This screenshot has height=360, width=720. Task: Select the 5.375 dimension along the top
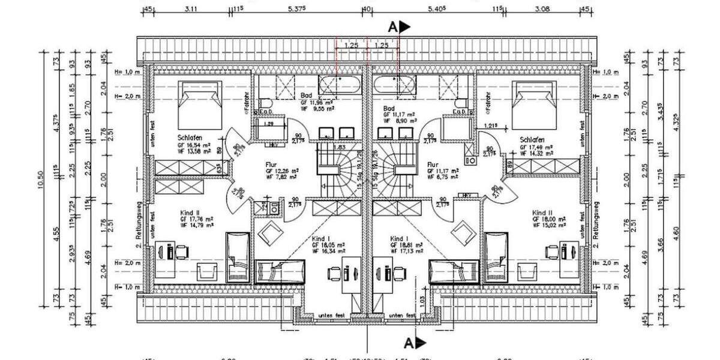[x=297, y=8]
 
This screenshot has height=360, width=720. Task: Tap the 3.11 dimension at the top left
[x=191, y=8]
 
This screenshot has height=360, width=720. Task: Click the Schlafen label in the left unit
[x=189, y=137]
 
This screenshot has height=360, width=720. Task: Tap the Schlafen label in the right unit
[x=532, y=138]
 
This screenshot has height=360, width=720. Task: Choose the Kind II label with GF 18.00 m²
[x=542, y=213]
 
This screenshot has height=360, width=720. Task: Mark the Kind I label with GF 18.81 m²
[x=400, y=238]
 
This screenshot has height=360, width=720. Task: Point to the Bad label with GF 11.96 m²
[x=306, y=96]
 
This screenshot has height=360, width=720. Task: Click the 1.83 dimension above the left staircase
[x=340, y=147]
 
